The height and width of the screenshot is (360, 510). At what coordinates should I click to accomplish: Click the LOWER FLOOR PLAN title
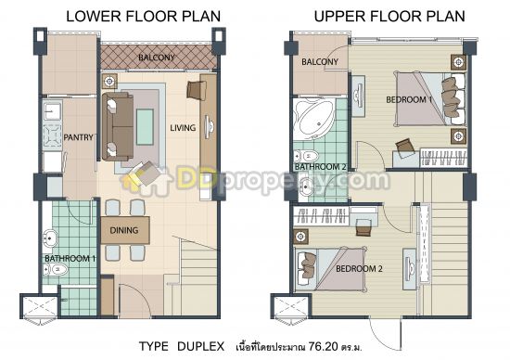(x=144, y=17)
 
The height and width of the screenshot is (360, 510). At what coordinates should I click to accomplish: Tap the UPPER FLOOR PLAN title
(x=389, y=17)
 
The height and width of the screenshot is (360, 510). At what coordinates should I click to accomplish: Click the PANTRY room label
(x=79, y=137)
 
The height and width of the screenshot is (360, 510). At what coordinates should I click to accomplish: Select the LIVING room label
(x=183, y=128)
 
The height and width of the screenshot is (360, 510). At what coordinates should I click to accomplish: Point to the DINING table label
(x=124, y=230)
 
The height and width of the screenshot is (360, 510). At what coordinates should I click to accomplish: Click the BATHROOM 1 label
(x=70, y=259)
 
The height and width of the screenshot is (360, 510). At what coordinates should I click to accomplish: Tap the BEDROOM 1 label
(x=409, y=99)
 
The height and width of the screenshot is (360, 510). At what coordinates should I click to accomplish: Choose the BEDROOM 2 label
(x=359, y=269)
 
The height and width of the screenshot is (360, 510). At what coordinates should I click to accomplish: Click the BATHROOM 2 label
(x=321, y=167)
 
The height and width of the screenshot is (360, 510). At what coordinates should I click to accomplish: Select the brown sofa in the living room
(x=118, y=126)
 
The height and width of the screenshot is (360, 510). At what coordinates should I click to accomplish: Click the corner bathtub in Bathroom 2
(x=313, y=119)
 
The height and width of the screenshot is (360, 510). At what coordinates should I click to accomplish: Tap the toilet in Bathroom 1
(x=56, y=269)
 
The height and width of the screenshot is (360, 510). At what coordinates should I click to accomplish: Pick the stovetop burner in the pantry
(x=52, y=135)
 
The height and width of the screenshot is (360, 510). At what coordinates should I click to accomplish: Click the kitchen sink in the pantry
(x=52, y=112)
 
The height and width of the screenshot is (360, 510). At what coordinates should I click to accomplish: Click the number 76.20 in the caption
(x=324, y=346)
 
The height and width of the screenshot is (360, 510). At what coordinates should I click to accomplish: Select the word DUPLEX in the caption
(x=200, y=346)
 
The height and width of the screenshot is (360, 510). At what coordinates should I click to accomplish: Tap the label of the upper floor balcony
(x=320, y=62)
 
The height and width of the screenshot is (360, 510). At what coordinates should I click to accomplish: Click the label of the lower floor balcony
(x=157, y=58)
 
